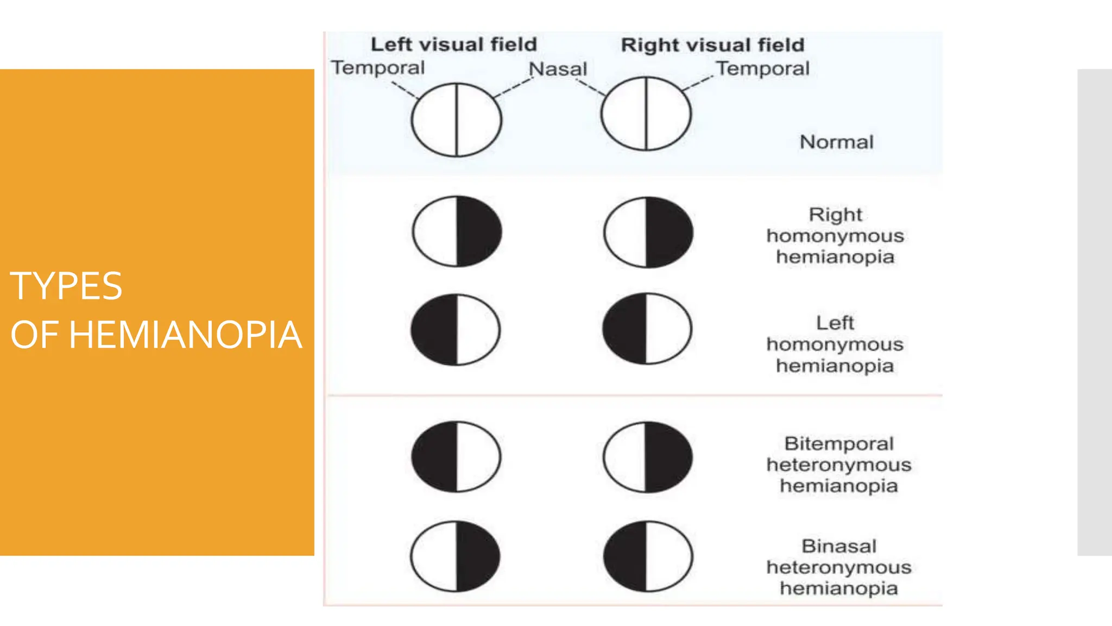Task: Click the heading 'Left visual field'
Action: [453, 45]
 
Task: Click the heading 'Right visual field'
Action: [712, 45]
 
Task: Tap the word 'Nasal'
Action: [558, 69]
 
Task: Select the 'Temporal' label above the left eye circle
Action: [378, 68]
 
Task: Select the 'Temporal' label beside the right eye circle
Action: [762, 68]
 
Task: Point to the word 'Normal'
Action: [837, 142]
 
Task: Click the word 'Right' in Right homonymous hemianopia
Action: [835, 215]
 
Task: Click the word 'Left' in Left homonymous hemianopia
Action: [835, 323]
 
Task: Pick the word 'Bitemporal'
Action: [839, 444]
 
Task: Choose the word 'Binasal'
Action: [839, 546]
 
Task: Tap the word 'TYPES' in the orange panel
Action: [66, 286]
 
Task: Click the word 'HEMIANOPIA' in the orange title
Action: [185, 335]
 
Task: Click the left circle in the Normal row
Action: [457, 120]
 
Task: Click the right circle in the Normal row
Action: [646, 114]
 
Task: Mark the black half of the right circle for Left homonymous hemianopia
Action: [625, 329]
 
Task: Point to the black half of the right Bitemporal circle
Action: [668, 457]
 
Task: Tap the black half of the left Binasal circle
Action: [477, 556]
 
